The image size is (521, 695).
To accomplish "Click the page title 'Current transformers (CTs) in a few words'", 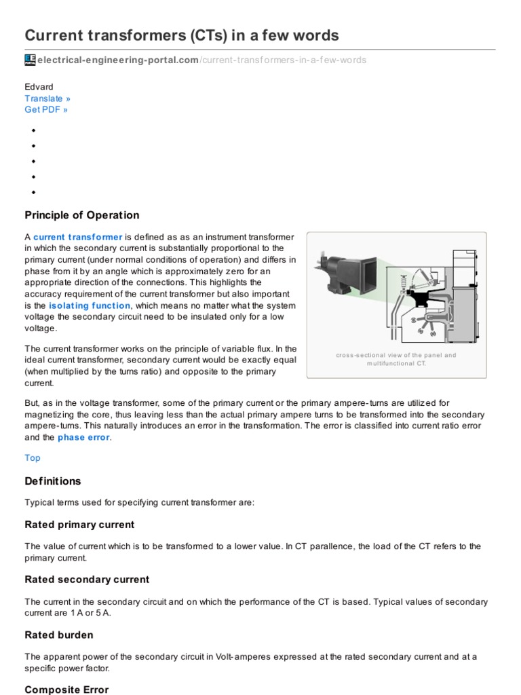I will tap(182, 35).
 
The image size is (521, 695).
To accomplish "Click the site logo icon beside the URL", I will tap(30, 60).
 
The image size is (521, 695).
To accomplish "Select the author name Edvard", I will tap(39, 87).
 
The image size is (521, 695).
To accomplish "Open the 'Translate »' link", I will tap(47, 98).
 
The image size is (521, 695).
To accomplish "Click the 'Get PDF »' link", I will tap(46, 109).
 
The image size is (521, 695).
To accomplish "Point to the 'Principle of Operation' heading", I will tap(82, 215).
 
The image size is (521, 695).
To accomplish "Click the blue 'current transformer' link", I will tap(78, 237).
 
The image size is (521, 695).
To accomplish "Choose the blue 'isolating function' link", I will tap(90, 306).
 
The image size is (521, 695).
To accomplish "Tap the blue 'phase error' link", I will tap(83, 438).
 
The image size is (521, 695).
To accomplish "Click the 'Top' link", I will tap(33, 457).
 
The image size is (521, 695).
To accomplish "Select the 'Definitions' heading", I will tap(53, 481).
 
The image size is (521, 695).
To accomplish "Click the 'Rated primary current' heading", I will tap(79, 525).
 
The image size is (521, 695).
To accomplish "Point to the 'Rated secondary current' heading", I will tap(87, 580).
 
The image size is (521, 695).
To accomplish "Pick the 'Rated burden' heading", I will tap(59, 635).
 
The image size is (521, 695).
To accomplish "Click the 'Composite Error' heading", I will tap(66, 689).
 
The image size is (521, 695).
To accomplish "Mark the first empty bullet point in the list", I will tap(33, 129).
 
